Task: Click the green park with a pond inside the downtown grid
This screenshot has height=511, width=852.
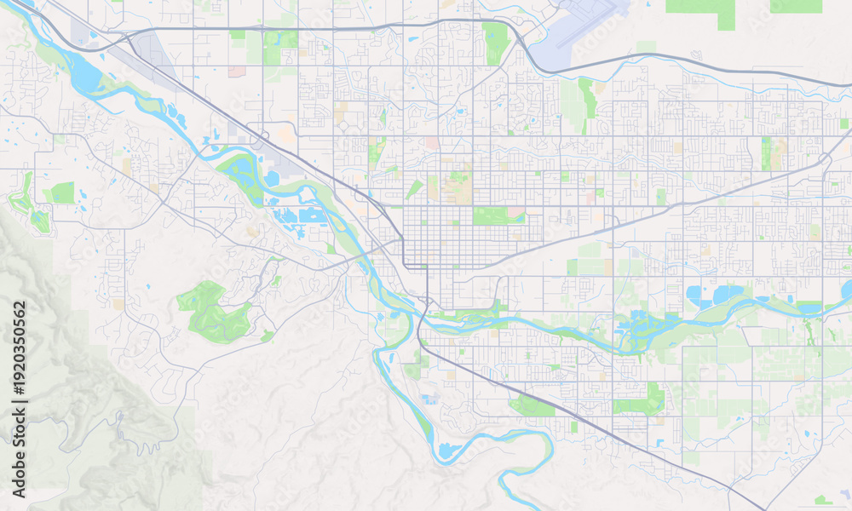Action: point(498,215)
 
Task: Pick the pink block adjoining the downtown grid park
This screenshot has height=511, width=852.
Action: point(516,210)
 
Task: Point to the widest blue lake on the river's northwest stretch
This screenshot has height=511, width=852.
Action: point(85,78)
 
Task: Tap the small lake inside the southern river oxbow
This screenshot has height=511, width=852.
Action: point(447,450)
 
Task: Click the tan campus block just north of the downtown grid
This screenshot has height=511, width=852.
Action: point(458,188)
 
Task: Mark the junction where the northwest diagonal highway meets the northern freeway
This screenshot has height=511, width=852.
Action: point(128,37)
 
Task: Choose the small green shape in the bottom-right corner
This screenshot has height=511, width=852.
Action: point(822,500)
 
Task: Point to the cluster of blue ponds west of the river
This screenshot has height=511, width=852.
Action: point(298,215)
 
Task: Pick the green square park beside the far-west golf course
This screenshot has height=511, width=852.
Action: point(62,193)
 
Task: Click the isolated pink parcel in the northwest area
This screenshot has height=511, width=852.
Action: point(236,72)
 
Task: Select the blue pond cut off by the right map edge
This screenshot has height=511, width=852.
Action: point(846,291)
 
